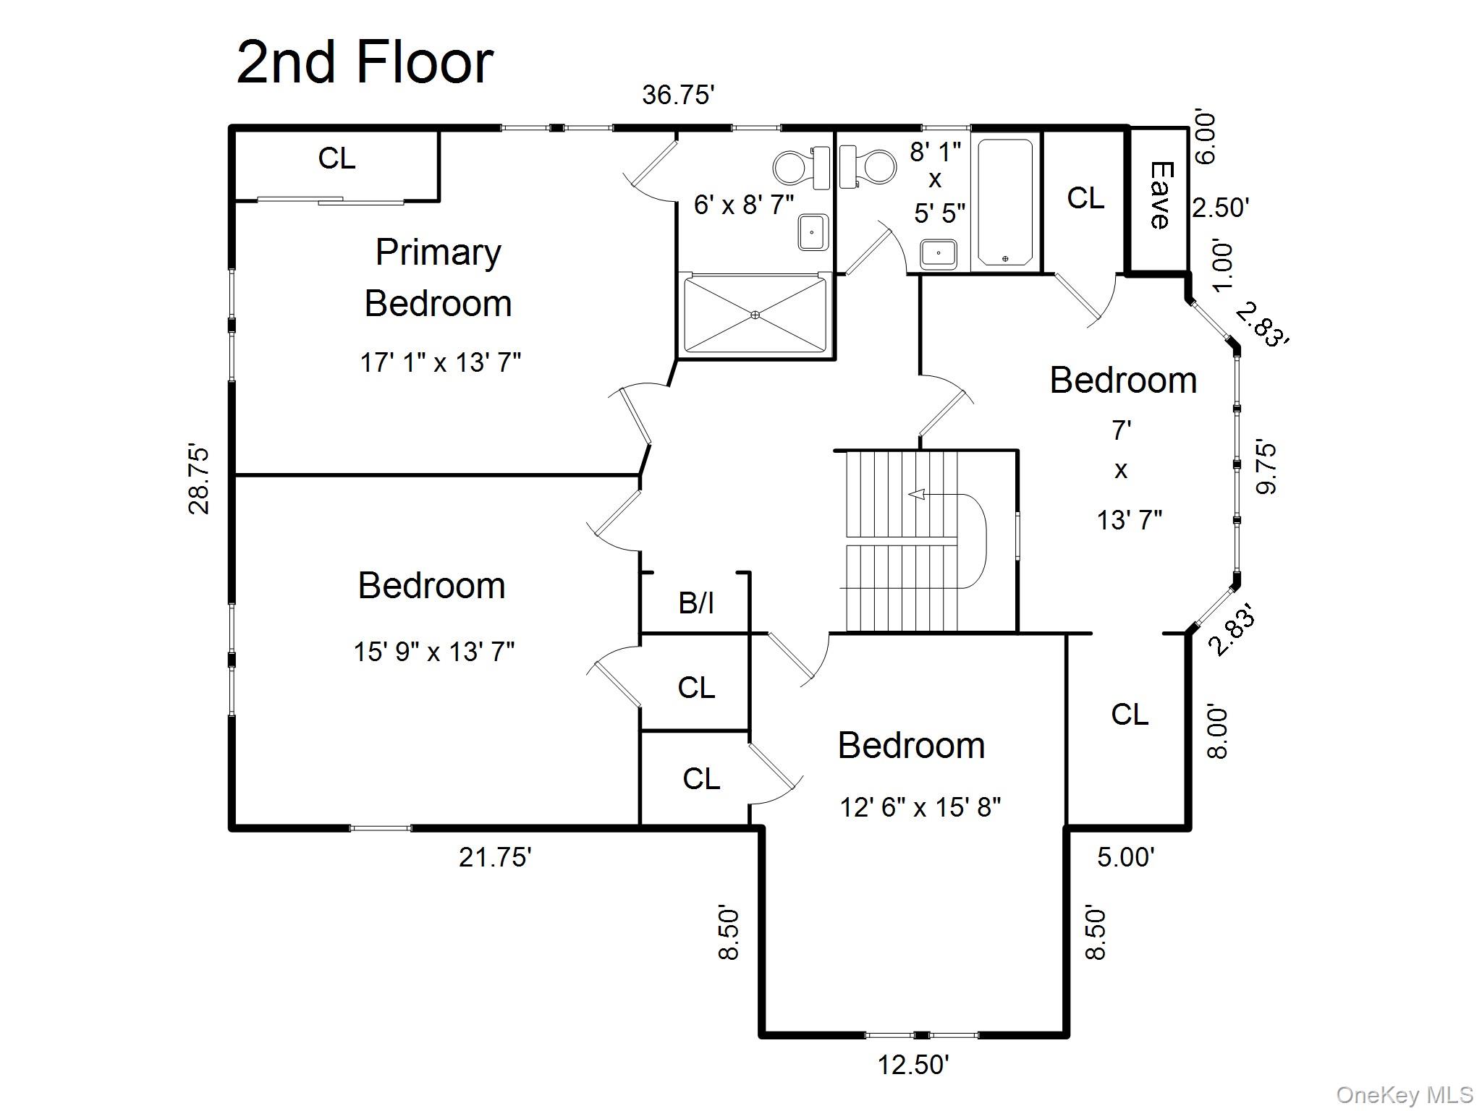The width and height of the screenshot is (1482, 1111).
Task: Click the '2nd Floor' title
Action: (365, 63)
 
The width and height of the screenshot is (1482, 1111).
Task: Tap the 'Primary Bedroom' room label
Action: (438, 278)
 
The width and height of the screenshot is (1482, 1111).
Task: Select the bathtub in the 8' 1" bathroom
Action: (1004, 202)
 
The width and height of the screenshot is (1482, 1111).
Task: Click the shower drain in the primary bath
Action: (755, 315)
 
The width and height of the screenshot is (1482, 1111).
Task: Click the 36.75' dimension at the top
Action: (678, 95)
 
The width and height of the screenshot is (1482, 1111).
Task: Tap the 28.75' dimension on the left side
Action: (199, 479)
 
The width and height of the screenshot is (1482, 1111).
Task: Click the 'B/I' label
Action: (696, 603)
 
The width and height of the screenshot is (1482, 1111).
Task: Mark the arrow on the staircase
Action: (918, 495)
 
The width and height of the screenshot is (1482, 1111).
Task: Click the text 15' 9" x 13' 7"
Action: (433, 652)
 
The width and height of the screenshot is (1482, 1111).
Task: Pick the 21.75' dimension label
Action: (495, 857)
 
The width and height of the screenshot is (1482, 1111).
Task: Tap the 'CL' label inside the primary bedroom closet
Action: (336, 158)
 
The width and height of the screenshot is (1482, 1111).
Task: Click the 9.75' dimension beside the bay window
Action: (1267, 467)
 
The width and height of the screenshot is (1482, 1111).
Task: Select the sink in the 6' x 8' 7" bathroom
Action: (813, 233)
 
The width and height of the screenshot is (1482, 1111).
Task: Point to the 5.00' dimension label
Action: (1125, 857)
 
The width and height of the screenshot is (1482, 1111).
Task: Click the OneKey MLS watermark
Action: (1405, 1095)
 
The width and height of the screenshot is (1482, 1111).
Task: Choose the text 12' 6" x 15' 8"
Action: (920, 807)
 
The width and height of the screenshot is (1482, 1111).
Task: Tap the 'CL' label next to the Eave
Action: (1085, 198)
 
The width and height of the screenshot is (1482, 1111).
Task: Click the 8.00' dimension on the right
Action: (1217, 732)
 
